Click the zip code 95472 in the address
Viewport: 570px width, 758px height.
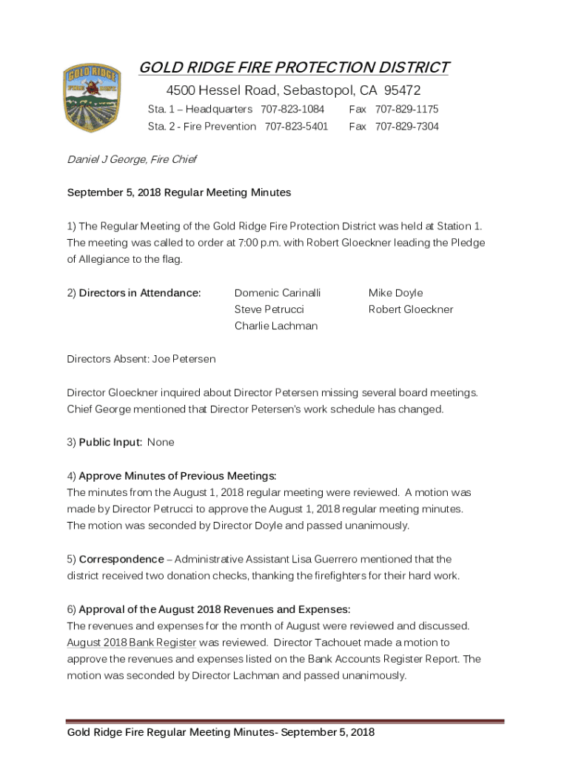tap(401, 91)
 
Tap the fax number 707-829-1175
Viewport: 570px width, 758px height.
tap(406, 110)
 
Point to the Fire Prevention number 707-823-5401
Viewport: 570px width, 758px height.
tap(296, 127)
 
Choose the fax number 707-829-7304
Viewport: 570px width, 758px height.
tap(406, 127)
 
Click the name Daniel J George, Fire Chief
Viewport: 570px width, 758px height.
tap(131, 159)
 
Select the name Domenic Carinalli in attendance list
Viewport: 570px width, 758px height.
tap(278, 293)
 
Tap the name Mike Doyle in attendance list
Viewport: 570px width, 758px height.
tap(395, 293)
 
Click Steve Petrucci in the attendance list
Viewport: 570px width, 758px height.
tap(269, 309)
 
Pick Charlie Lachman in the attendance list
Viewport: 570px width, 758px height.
tap(275, 326)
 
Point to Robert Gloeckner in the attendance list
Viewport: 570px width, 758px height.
tap(411, 309)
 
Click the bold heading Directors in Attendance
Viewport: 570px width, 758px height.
tap(140, 293)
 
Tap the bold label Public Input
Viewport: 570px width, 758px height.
tap(110, 442)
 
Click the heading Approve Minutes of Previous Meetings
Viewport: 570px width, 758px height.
tap(177, 475)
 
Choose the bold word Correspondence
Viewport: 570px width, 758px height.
tap(121, 559)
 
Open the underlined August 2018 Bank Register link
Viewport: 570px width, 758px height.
tap(131, 643)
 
